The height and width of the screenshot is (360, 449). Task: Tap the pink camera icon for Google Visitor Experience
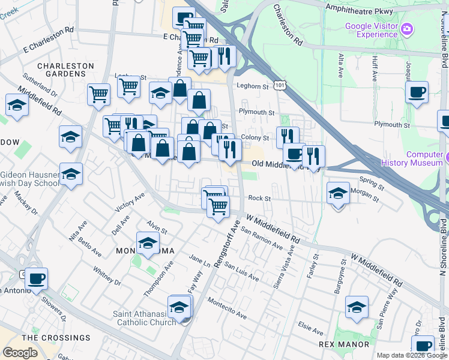(x=408, y=29)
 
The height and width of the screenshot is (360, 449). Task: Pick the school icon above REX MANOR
(x=357, y=307)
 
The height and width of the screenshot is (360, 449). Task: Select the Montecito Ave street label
(x=227, y=308)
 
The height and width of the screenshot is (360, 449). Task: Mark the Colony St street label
(x=255, y=137)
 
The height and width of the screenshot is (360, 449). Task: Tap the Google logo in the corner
(x=20, y=353)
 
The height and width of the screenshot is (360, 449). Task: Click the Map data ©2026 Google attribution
(x=412, y=355)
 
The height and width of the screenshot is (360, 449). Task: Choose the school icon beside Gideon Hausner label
(x=71, y=175)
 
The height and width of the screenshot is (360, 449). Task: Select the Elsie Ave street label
(x=311, y=329)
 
